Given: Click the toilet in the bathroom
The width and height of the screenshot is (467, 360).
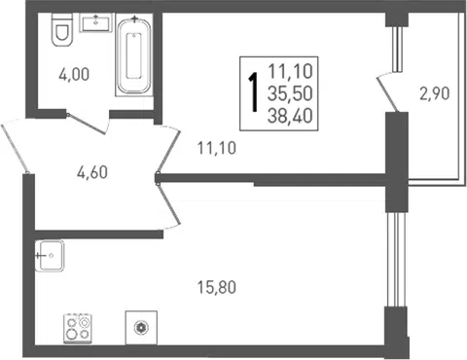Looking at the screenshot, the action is pyautogui.click(x=62, y=29).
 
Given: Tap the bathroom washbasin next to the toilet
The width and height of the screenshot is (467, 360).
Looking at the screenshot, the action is pyautogui.click(x=96, y=22).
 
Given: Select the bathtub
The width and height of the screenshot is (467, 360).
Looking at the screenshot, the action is pyautogui.click(x=134, y=55).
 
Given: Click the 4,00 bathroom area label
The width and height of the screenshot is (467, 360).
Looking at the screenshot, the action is pyautogui.click(x=74, y=74).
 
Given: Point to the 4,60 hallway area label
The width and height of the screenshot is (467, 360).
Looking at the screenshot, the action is pyautogui.click(x=92, y=172).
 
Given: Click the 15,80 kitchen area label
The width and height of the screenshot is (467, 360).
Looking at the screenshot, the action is pyautogui.click(x=217, y=287).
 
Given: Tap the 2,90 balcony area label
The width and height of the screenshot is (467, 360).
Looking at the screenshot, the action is pyautogui.click(x=435, y=93).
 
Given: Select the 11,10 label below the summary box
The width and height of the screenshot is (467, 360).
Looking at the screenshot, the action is pyautogui.click(x=217, y=148).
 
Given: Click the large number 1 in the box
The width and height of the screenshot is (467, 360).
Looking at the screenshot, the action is pyautogui.click(x=253, y=92).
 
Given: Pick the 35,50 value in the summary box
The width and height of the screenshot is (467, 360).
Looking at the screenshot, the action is pyautogui.click(x=290, y=93).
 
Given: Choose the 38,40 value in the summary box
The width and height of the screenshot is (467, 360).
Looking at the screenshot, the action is pyautogui.click(x=290, y=116).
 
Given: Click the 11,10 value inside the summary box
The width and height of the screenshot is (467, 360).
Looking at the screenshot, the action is pyautogui.click(x=290, y=71).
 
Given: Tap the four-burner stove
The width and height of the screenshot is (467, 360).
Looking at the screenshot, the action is pyautogui.click(x=78, y=328).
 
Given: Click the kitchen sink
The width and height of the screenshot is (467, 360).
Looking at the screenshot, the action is pyautogui.click(x=50, y=256).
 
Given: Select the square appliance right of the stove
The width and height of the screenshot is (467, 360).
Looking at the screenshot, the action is pyautogui.click(x=141, y=328).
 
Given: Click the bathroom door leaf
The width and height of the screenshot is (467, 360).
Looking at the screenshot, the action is pyautogui.click(x=87, y=124).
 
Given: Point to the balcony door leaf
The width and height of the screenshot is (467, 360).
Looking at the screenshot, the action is pyautogui.click(x=387, y=94).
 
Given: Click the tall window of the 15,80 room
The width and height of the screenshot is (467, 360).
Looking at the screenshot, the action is pyautogui.click(x=396, y=260).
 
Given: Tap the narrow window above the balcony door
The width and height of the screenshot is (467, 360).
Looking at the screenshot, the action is pyautogui.click(x=397, y=49).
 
